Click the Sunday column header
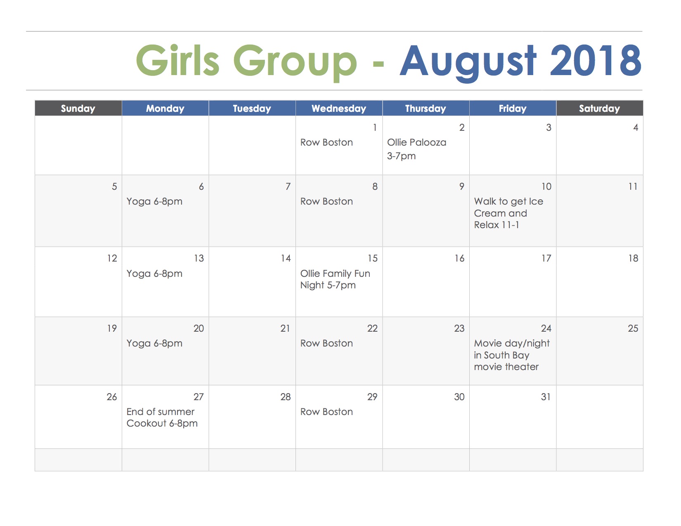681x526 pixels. pyautogui.click(x=78, y=109)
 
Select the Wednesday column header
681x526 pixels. pyautogui.click(x=339, y=109)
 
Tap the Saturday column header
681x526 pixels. pyautogui.click(x=600, y=109)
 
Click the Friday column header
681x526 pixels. pyautogui.click(x=513, y=109)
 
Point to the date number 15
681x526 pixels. pyautogui.click(x=373, y=258)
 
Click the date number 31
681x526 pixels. pyautogui.click(x=546, y=397)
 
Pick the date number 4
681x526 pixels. pyautogui.click(x=636, y=127)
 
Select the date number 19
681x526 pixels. pyautogui.click(x=112, y=328)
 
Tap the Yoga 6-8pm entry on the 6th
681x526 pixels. pyautogui.click(x=154, y=202)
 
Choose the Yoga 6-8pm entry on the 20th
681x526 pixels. pyautogui.click(x=154, y=344)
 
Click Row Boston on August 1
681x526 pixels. pyautogui.click(x=326, y=143)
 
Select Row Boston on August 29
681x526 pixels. pyautogui.click(x=326, y=412)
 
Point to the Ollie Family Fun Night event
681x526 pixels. pyautogui.click(x=335, y=279)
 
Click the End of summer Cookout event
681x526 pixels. pyautogui.click(x=162, y=417)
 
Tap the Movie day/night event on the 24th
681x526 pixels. pyautogui.click(x=512, y=355)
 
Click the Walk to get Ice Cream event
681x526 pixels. pyautogui.click(x=508, y=213)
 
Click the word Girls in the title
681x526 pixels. pyautogui.click(x=177, y=60)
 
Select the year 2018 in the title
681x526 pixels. pyautogui.click(x=596, y=61)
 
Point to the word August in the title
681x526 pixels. pyautogui.click(x=468, y=63)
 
